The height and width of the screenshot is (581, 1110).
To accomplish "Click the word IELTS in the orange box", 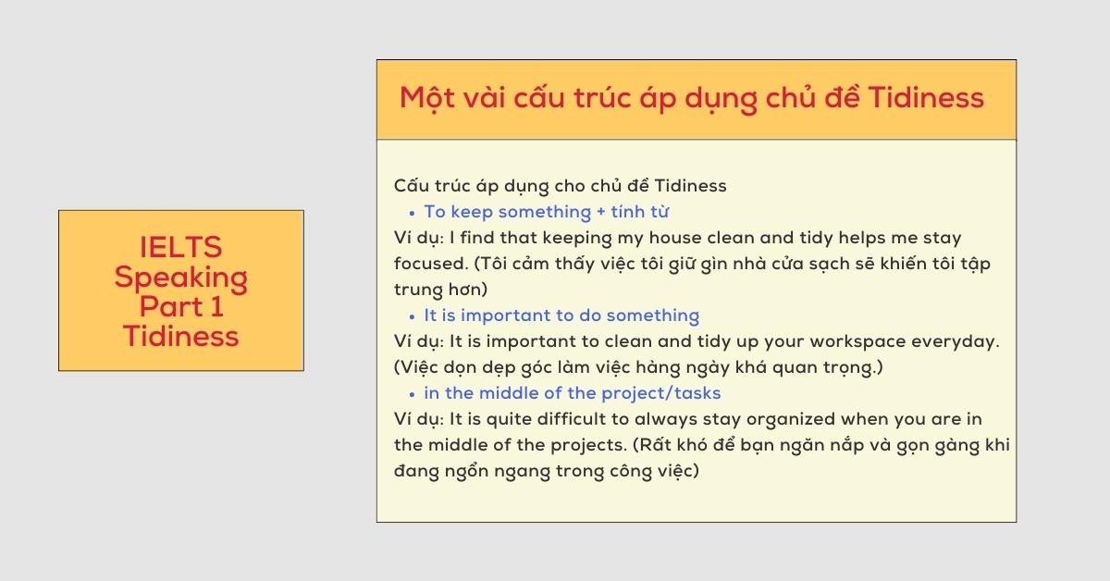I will pos(181,248).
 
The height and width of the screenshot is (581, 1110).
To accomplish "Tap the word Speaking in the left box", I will pos(181,278).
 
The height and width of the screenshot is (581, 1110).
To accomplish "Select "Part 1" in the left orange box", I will pos(181,306).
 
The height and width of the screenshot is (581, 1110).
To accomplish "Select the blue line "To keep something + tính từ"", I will pos(546,212).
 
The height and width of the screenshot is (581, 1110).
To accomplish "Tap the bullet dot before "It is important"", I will pos(411,317).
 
